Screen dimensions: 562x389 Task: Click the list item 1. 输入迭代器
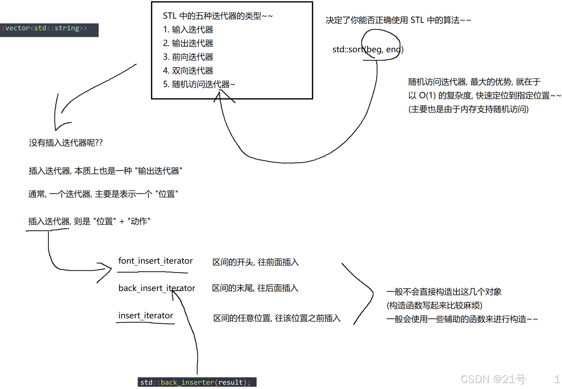click(188, 30)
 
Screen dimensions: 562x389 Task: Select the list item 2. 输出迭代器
click(188, 43)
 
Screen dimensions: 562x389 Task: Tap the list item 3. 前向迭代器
click(188, 57)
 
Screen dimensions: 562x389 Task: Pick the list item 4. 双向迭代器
click(188, 71)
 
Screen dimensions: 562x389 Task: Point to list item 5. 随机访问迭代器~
click(199, 85)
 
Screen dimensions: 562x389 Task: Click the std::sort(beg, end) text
click(368, 50)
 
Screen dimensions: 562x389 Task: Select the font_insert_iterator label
click(155, 261)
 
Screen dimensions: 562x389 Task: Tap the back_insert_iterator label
click(157, 289)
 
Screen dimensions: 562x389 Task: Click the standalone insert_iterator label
click(145, 316)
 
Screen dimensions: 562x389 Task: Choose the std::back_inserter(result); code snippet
click(197, 383)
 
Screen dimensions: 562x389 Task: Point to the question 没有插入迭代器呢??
click(66, 143)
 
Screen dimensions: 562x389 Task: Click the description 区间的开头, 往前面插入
click(256, 262)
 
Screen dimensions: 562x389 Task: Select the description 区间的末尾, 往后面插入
click(255, 289)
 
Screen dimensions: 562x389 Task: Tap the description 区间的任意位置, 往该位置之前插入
click(277, 318)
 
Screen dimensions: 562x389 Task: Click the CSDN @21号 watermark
click(493, 380)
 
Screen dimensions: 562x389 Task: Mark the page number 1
click(557, 379)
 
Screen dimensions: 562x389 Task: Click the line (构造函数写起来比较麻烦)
click(434, 305)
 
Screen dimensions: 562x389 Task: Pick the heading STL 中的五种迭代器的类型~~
click(218, 16)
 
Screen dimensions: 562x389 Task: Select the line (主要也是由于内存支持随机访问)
click(468, 109)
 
